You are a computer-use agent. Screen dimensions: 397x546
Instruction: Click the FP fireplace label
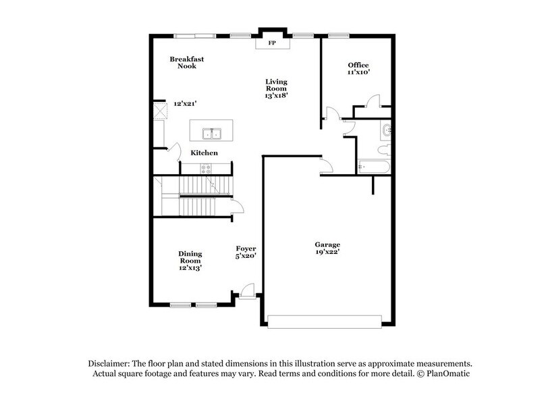click(x=273, y=43)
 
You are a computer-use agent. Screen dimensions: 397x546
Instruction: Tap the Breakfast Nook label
click(x=187, y=63)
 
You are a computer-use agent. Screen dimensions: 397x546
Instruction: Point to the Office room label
click(x=358, y=65)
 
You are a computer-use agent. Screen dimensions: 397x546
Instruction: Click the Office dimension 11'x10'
click(x=358, y=72)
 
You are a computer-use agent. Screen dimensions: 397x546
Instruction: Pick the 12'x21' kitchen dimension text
click(x=185, y=104)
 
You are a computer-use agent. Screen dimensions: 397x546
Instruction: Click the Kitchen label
click(x=204, y=153)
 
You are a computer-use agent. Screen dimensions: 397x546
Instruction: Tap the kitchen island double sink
click(x=211, y=132)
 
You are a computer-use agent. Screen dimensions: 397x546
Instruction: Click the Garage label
click(x=327, y=244)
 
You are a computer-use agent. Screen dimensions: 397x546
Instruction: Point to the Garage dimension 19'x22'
click(x=327, y=252)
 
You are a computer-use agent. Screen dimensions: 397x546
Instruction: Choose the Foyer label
click(x=246, y=248)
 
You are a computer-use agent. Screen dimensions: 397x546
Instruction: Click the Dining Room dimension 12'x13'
click(x=190, y=268)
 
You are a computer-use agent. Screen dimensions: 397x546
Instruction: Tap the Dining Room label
click(x=190, y=257)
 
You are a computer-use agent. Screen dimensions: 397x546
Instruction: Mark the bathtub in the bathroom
click(x=373, y=165)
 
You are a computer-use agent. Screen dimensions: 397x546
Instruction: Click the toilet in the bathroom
click(x=383, y=147)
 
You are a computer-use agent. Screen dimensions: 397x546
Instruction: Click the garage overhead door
click(x=329, y=321)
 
